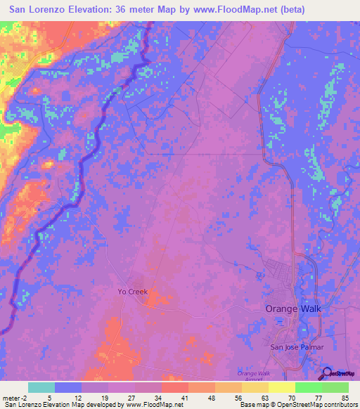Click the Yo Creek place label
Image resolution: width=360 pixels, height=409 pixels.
pyautogui.click(x=132, y=290)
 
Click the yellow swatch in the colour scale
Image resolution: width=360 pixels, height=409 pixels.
pyautogui.click(x=281, y=387)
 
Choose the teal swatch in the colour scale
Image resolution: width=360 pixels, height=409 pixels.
pyautogui.click(x=41, y=387)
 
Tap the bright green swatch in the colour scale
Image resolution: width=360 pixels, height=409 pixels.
pyautogui.click(x=308, y=387)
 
